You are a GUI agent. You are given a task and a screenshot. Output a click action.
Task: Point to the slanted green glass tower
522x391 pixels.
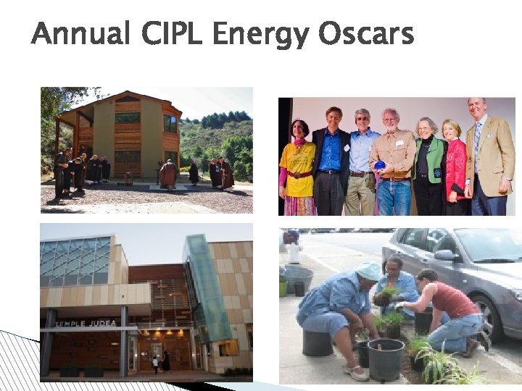point(208,290)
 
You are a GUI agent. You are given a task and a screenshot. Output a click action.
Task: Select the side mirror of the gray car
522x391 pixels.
point(444,255)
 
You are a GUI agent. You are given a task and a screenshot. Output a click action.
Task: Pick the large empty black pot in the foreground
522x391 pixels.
point(386,358)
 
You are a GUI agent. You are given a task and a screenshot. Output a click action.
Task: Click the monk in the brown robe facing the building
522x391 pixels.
point(168,174)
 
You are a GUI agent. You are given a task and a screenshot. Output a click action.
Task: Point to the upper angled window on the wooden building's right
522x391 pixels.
point(170,123)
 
